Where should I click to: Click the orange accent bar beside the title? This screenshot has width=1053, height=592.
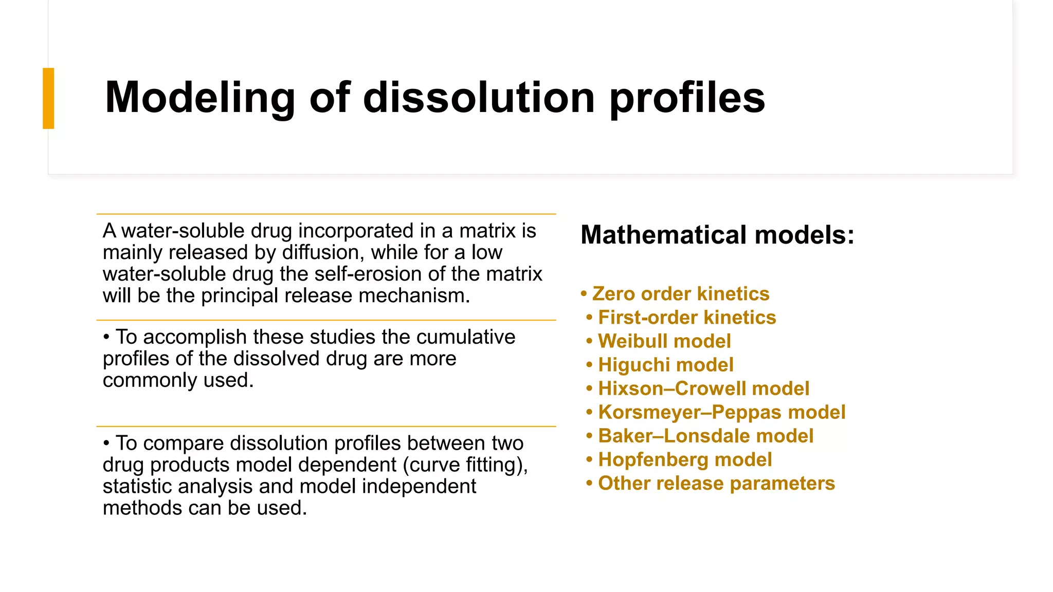pyautogui.click(x=48, y=98)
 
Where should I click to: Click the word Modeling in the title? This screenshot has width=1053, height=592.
pyautogui.click(x=199, y=98)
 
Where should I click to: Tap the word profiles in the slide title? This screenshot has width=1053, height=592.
pyautogui.click(x=687, y=98)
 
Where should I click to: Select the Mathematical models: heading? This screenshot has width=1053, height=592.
pyautogui.click(x=717, y=235)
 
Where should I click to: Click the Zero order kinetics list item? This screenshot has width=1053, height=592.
pyautogui.click(x=680, y=294)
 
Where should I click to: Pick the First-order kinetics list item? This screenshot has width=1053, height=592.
pyautogui.click(x=687, y=318)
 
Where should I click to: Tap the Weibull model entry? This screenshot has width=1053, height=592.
pyautogui.click(x=664, y=341)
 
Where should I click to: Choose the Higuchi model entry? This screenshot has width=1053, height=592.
pyautogui.click(x=666, y=365)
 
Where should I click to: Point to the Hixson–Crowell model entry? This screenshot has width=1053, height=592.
pyautogui.click(x=703, y=388)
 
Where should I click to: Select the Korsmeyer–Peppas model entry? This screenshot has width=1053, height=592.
pyautogui.click(x=721, y=412)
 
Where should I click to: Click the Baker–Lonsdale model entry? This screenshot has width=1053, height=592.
pyautogui.click(x=705, y=436)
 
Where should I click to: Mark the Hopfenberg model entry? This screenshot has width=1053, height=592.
pyautogui.click(x=685, y=459)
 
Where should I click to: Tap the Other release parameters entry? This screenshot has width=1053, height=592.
pyautogui.click(x=716, y=483)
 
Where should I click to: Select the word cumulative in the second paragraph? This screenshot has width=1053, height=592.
pyautogui.click(x=465, y=337)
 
